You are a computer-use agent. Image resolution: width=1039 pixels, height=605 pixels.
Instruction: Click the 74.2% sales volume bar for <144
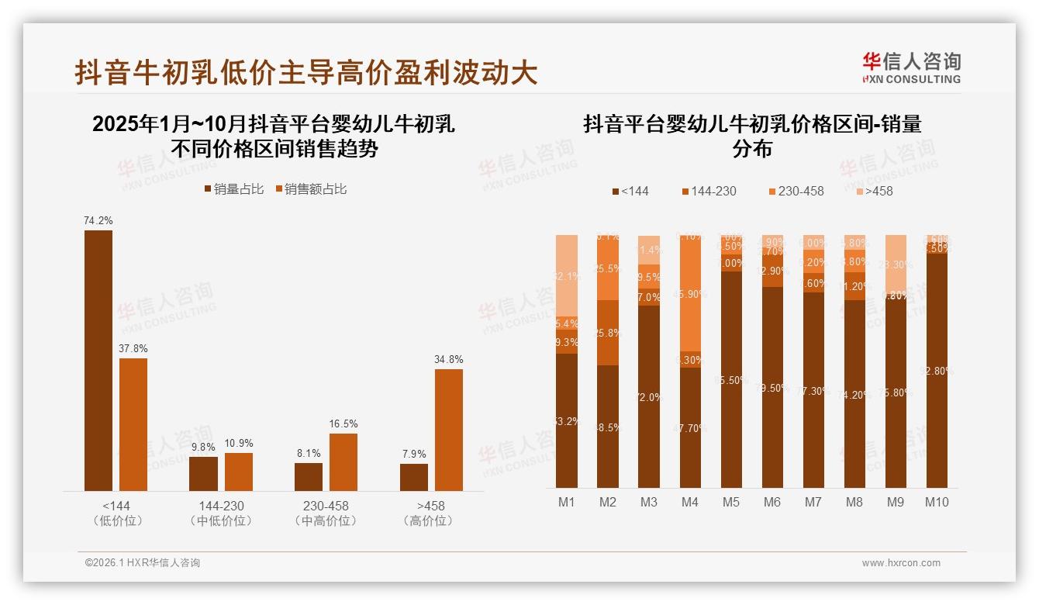coord(98,360)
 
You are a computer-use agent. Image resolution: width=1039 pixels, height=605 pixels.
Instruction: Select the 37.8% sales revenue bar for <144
coord(133,424)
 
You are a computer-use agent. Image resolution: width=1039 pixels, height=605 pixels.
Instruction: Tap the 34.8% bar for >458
coord(449,430)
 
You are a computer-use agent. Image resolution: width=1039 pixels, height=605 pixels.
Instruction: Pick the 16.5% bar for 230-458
coord(343,462)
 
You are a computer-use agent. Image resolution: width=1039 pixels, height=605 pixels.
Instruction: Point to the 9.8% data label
coord(204,448)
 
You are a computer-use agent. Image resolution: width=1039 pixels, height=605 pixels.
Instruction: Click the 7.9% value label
coord(413,454)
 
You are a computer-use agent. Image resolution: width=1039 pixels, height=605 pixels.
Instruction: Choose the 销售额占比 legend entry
coord(310,189)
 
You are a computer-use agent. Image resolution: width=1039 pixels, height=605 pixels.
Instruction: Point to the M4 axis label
coord(690,502)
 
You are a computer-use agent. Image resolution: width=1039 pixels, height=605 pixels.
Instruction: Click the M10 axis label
coord(937,502)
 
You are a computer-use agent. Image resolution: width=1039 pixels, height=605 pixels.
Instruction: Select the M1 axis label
coord(567,502)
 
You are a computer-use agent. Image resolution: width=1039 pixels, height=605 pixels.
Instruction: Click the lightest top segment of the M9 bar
coord(896,264)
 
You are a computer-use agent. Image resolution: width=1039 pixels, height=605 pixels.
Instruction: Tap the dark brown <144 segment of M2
coord(608,426)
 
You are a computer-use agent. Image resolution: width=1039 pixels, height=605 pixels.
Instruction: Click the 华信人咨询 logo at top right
coord(911,67)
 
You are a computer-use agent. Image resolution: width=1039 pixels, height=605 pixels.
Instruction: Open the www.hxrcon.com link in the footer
coord(901,563)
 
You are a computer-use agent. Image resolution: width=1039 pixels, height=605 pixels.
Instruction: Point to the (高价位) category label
coord(428,521)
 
